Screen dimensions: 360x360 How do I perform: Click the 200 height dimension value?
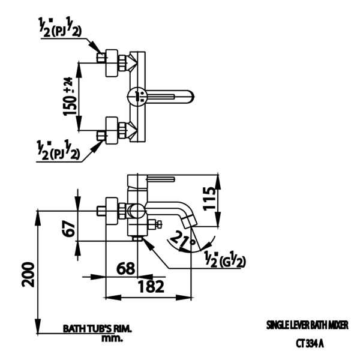pos(28,274)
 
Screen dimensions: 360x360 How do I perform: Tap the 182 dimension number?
pos(151,286)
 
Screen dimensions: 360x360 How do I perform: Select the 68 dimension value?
pos(126,268)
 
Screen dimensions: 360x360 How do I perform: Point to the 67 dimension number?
pos(68,229)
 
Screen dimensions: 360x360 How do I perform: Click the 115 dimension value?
pos(209,199)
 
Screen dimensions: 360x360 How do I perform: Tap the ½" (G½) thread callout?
pos(225,260)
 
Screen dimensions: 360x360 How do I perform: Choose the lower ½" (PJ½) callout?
pos(58,150)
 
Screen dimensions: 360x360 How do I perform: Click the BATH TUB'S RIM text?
pos(97,329)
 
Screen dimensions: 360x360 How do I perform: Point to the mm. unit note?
pos(112,338)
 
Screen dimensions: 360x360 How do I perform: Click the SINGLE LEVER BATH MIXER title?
pos(307,325)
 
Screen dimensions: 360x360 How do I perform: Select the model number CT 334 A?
pos(310,343)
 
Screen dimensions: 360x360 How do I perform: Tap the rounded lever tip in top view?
pos(191,96)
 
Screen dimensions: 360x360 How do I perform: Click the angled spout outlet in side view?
pos(189,221)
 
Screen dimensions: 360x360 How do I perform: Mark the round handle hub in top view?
pos(137,96)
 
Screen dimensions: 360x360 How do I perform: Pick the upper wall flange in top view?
pos(112,62)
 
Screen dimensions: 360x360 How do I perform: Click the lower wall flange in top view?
pos(112,130)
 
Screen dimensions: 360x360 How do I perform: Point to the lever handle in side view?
pos(161,179)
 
